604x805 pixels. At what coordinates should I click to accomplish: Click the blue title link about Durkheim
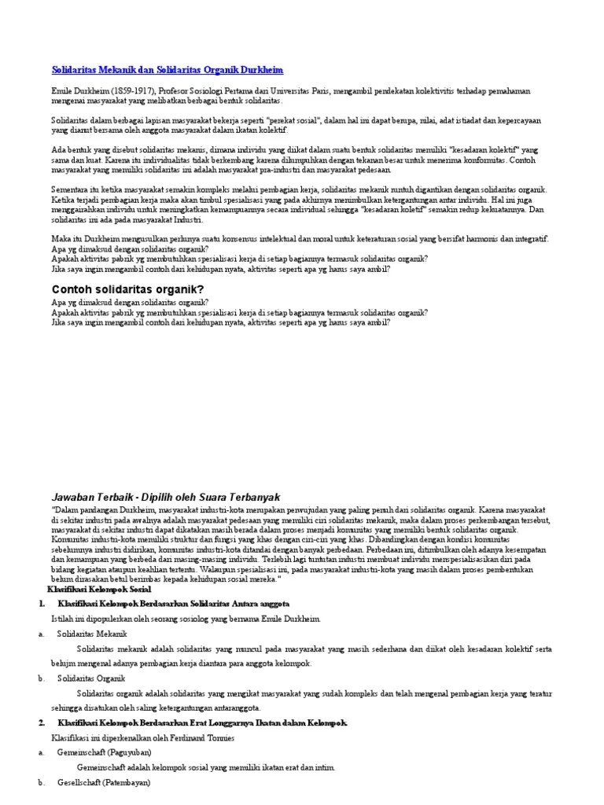[167, 70]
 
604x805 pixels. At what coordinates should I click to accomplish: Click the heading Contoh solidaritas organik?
[127, 290]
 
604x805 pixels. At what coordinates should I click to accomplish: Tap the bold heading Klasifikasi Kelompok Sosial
[99, 589]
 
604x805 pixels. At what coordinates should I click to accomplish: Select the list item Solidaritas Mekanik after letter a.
[92, 634]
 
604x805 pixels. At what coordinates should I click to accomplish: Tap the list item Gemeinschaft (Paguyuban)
[104, 752]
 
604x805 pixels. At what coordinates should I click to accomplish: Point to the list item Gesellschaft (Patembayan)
[103, 783]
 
